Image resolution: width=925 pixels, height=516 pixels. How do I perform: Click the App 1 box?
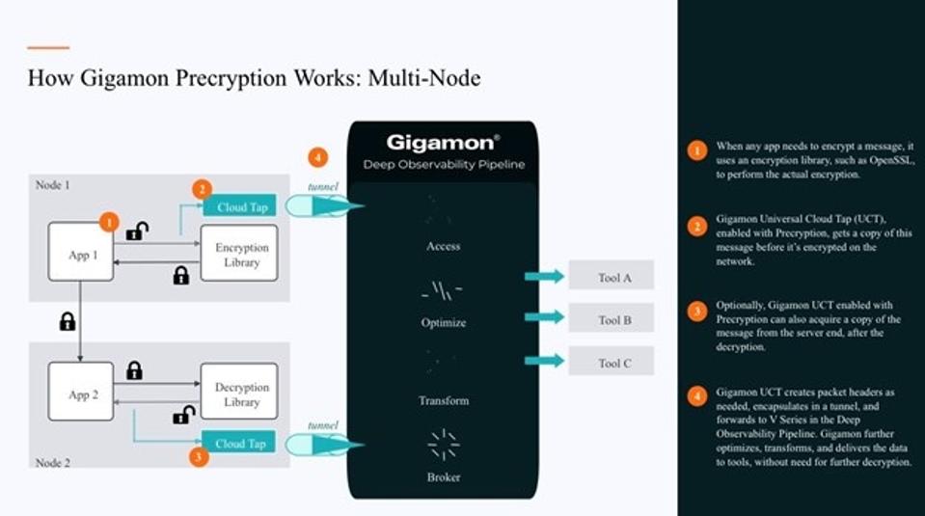click(x=81, y=252)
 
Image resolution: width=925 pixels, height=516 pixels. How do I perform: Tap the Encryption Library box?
click(x=238, y=254)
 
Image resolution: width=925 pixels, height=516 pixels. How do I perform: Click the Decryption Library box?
click(x=238, y=394)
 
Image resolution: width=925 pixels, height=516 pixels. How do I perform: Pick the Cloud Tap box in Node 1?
click(x=239, y=205)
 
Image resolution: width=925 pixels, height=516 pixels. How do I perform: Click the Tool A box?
click(x=612, y=277)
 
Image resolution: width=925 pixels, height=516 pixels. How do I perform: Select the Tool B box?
click(x=612, y=318)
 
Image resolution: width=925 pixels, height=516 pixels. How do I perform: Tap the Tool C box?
click(x=612, y=362)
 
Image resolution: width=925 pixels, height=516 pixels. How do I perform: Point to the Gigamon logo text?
click(x=443, y=143)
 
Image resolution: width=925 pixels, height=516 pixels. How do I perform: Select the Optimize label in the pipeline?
click(x=443, y=322)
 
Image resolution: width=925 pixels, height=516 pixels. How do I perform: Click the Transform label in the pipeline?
click(x=443, y=400)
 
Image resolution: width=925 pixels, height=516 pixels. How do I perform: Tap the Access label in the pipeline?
click(x=443, y=247)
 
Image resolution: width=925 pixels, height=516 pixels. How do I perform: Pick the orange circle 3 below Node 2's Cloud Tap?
click(x=198, y=458)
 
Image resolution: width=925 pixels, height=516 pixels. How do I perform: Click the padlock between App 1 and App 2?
click(x=68, y=322)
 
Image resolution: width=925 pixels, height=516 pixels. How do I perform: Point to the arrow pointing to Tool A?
click(x=544, y=277)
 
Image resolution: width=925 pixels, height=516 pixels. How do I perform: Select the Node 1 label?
click(x=53, y=185)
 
